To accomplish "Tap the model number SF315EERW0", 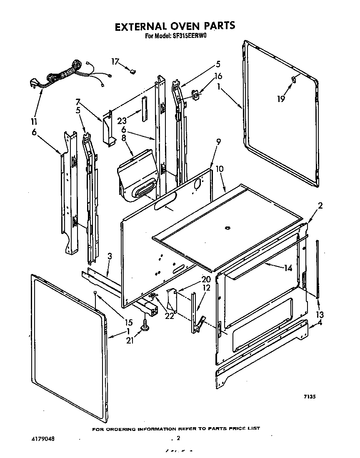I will point(190,36).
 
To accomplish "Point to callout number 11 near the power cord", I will point(34,122).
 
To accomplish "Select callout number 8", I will point(124,138).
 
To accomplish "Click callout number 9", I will point(218,142).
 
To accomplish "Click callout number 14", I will point(288,269).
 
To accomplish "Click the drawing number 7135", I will point(309,397).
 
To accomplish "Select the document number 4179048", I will point(43,439).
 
